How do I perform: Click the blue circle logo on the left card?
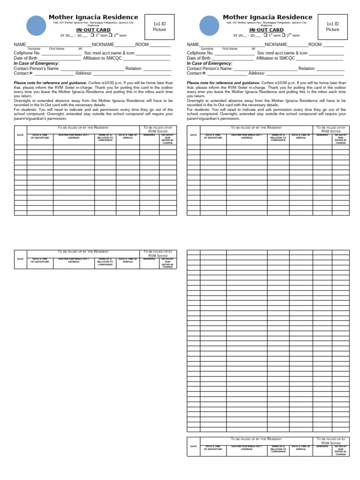point(37,26)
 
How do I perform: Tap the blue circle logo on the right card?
point(209,26)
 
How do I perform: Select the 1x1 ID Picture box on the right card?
point(332,27)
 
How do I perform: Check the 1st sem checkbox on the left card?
point(92,35)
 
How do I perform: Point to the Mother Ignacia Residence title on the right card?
point(267,17)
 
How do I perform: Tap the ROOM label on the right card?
point(315,45)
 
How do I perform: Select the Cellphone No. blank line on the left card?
point(61,54)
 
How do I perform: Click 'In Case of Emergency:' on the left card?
point(37,63)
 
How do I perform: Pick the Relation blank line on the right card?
point(330,69)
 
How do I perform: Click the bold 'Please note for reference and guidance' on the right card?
point(223,82)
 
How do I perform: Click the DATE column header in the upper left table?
point(20,135)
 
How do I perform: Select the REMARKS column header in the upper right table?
point(322,135)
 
